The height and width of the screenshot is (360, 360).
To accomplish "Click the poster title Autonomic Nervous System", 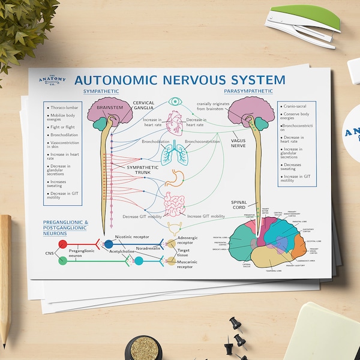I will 179,79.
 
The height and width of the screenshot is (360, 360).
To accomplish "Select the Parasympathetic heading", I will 248,91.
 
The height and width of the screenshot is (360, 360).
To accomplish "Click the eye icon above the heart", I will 175,101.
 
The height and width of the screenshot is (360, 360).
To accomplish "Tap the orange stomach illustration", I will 175,178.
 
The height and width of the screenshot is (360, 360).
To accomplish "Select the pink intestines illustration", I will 175,204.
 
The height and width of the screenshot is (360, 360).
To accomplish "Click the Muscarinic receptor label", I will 191,265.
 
